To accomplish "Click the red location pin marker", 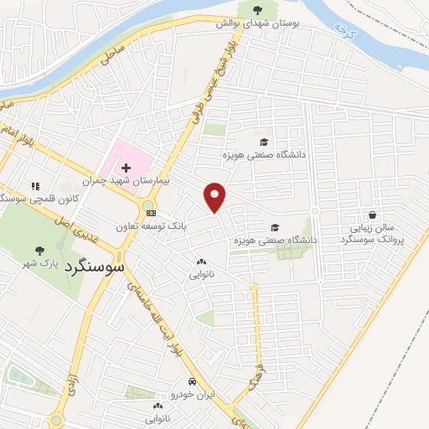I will click(x=215, y=197).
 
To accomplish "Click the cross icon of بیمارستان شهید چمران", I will click(x=127, y=168).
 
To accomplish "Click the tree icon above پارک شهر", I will click(x=39, y=250).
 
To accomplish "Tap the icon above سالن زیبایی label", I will click(x=372, y=215).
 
